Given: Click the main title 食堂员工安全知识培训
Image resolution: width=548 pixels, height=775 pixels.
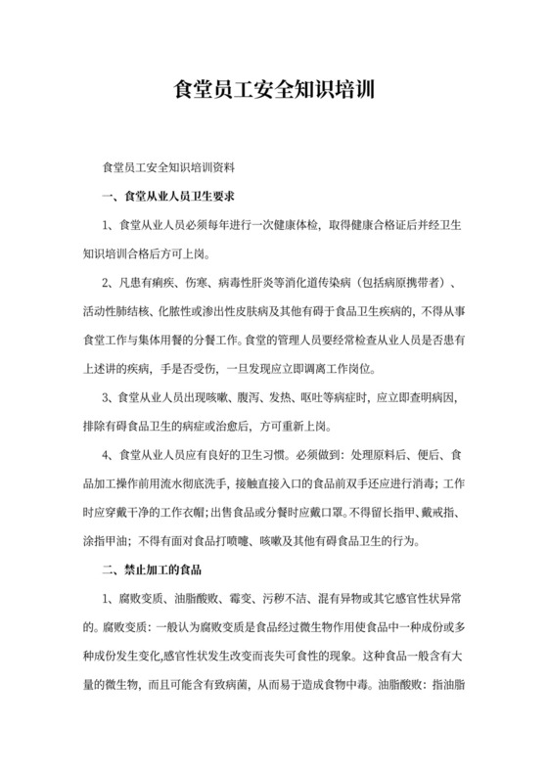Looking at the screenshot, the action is pos(274,92).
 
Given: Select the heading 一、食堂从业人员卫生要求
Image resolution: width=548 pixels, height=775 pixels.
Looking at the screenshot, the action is pos(167,197).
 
